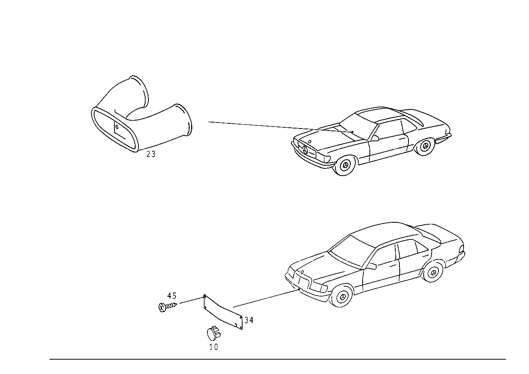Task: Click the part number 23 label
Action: pos(151,154)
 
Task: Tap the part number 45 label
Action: pos(172,295)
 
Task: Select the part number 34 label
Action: pos(249,320)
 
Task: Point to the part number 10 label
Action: pos(213,347)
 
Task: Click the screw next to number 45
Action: pos(168,307)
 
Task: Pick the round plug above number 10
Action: pos(214,333)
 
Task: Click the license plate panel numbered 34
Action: pos(223,312)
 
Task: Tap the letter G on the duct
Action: pos(117,127)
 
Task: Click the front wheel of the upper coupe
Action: pos(345,165)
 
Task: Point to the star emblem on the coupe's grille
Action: pos(305,150)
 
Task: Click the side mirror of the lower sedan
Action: pos(372,266)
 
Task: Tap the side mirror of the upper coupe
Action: pos(375,138)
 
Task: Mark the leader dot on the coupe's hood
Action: pos(352,132)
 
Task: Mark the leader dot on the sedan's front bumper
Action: pos(299,289)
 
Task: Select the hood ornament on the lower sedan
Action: pos(302,272)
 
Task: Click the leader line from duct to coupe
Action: pos(280,127)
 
